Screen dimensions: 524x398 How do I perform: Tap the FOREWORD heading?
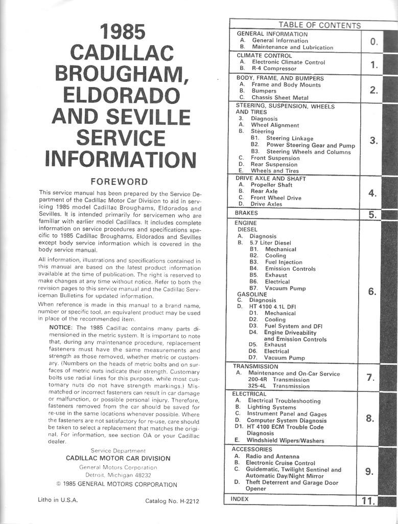pyautogui.click(x=119, y=182)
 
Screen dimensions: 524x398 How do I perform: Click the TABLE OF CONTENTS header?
pyautogui.click(x=319, y=25)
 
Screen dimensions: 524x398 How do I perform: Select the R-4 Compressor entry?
pyautogui.click(x=273, y=68)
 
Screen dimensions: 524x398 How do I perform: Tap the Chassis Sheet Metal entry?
pyautogui.click(x=279, y=97)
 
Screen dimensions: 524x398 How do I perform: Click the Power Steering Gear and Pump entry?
pyautogui.click(x=310, y=145)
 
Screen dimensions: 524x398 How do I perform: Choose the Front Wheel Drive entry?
pyautogui.click(x=276, y=198)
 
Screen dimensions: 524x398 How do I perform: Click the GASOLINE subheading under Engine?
pyautogui.click(x=252, y=294)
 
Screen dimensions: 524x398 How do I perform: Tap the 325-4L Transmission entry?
pyautogui.click(x=278, y=386)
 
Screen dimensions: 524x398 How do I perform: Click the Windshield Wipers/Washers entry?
pyautogui.click(x=285, y=440)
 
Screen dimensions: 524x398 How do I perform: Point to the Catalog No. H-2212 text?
pyautogui.click(x=171, y=500)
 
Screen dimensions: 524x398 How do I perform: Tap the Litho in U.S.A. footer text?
pyautogui.click(x=58, y=500)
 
